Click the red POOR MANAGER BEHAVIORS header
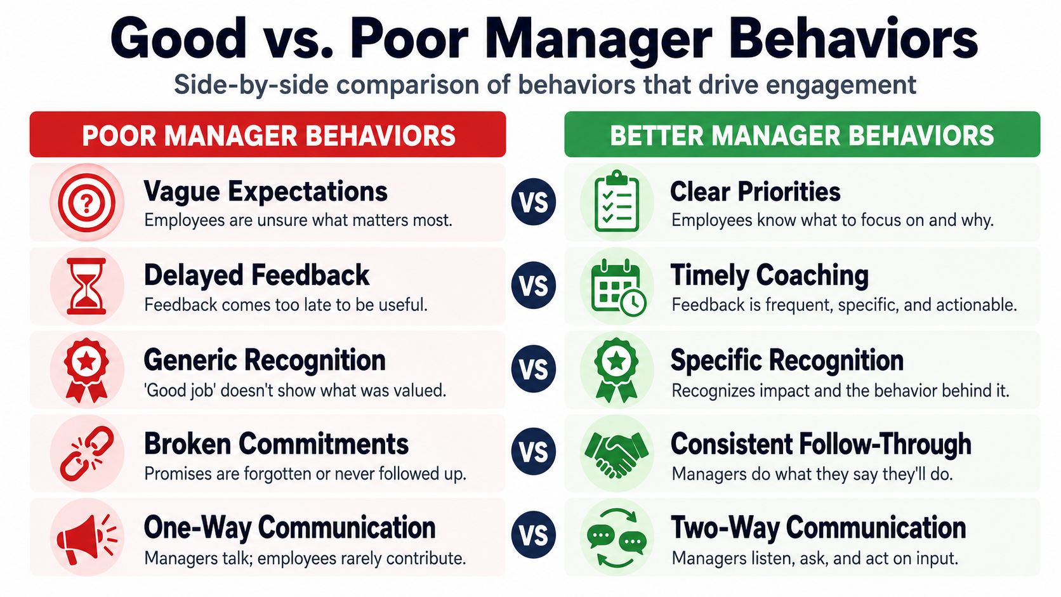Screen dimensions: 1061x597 point(268,134)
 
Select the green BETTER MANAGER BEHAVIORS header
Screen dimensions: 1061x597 point(802,134)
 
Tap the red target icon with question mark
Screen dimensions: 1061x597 point(87,202)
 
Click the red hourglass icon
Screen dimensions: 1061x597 point(86,286)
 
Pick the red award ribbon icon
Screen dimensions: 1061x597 point(87,371)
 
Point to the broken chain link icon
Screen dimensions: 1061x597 point(87,454)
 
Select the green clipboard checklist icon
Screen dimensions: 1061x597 point(617,202)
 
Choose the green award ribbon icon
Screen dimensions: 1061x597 point(616,371)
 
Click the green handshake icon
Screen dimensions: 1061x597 point(616,454)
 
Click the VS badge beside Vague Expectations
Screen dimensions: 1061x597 point(533,202)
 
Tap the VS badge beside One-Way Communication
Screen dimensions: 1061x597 point(533,535)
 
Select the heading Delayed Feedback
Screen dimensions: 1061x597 point(256,275)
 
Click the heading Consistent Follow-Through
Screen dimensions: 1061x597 point(821,444)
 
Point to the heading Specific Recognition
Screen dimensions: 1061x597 point(788,360)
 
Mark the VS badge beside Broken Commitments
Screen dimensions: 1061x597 point(533,452)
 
